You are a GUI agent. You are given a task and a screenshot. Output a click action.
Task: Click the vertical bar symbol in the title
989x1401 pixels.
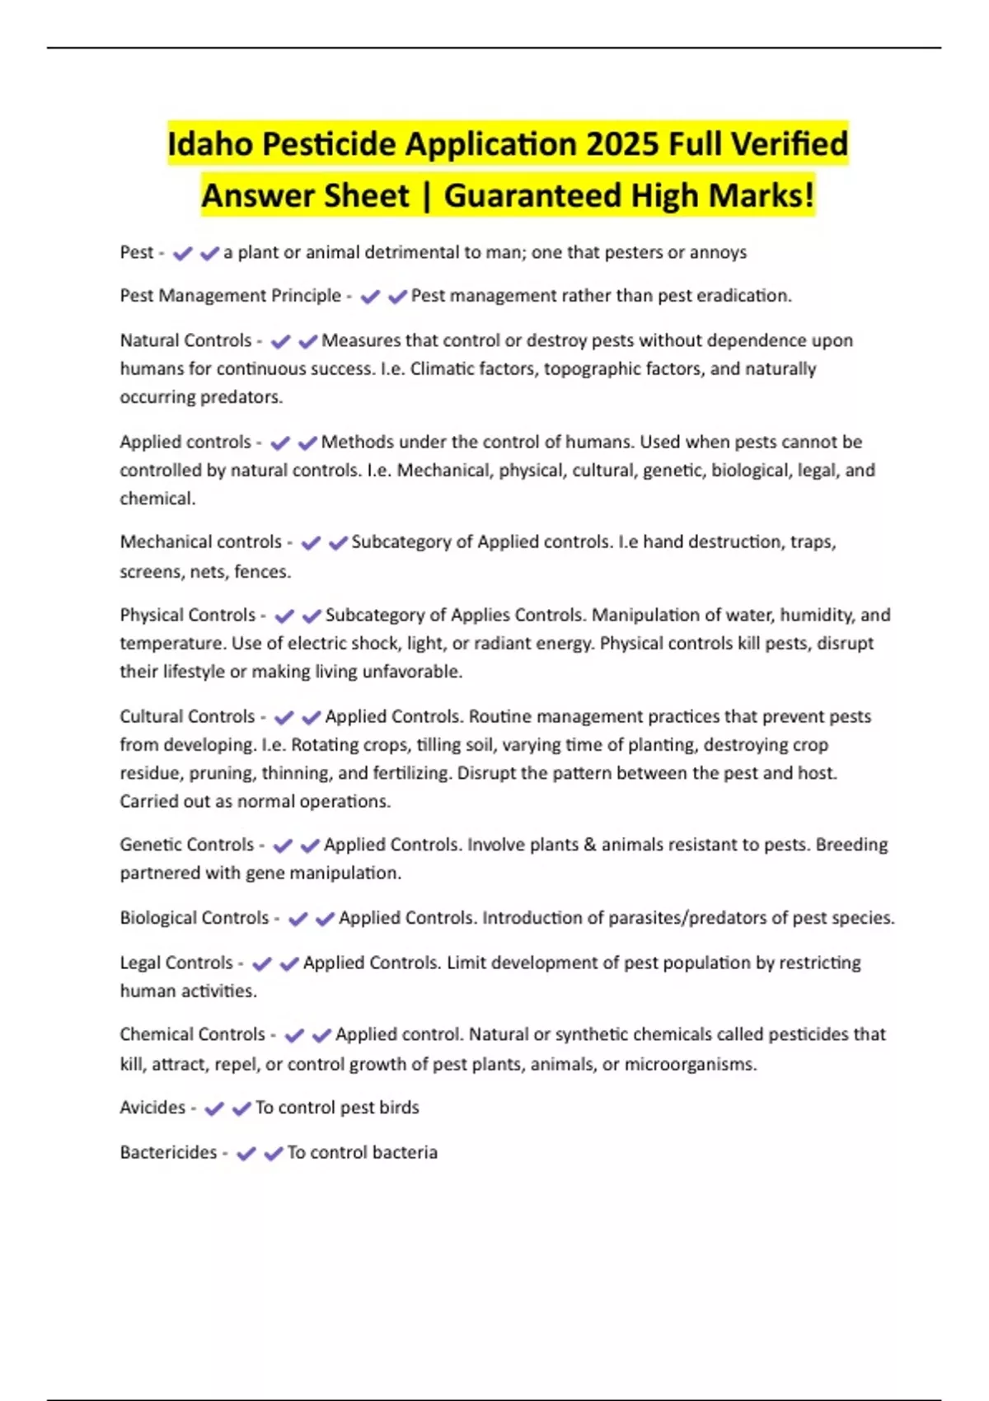(426, 196)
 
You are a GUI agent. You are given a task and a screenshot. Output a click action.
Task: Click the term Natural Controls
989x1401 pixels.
(185, 340)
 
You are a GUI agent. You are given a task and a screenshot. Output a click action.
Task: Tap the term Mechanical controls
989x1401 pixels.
(200, 542)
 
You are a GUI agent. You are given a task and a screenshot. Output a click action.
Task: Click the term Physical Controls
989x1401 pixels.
(187, 615)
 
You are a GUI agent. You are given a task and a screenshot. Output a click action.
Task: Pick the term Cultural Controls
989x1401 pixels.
(187, 716)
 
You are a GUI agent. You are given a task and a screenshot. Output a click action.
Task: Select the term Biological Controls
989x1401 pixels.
(194, 918)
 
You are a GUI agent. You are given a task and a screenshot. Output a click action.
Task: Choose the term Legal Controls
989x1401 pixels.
(176, 963)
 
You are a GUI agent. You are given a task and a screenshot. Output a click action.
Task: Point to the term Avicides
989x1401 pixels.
(152, 1108)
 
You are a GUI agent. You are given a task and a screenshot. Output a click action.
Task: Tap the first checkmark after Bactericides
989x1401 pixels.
(246, 1153)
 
